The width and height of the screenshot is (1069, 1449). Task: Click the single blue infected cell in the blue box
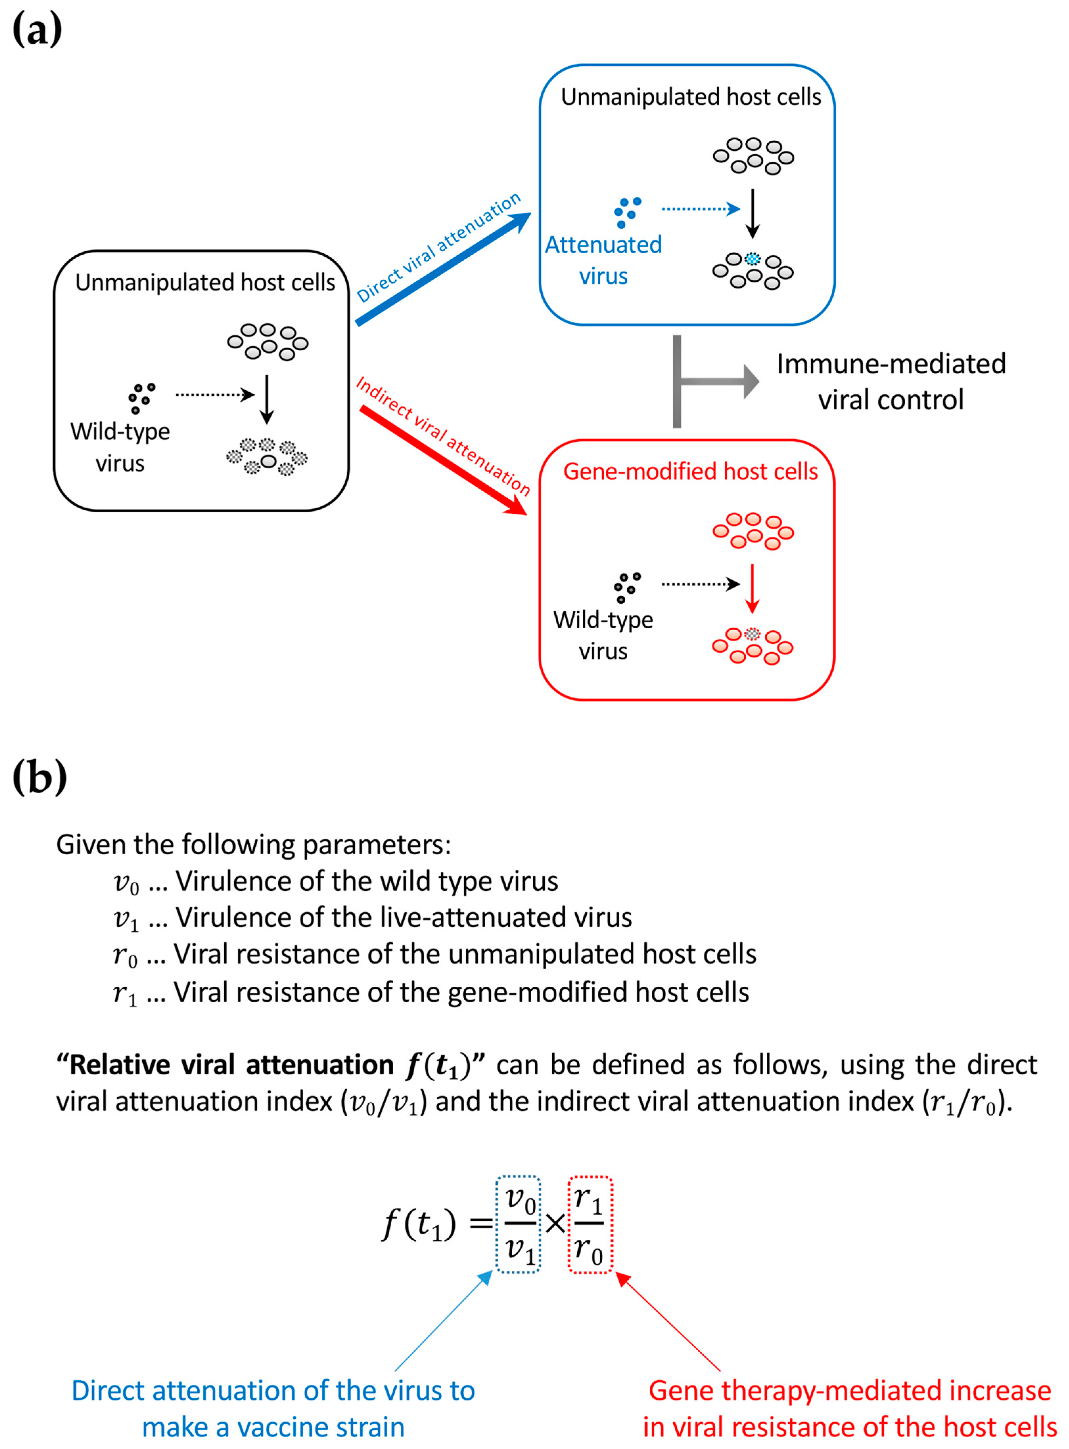752,259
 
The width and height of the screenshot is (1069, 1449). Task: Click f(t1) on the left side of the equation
419,1224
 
